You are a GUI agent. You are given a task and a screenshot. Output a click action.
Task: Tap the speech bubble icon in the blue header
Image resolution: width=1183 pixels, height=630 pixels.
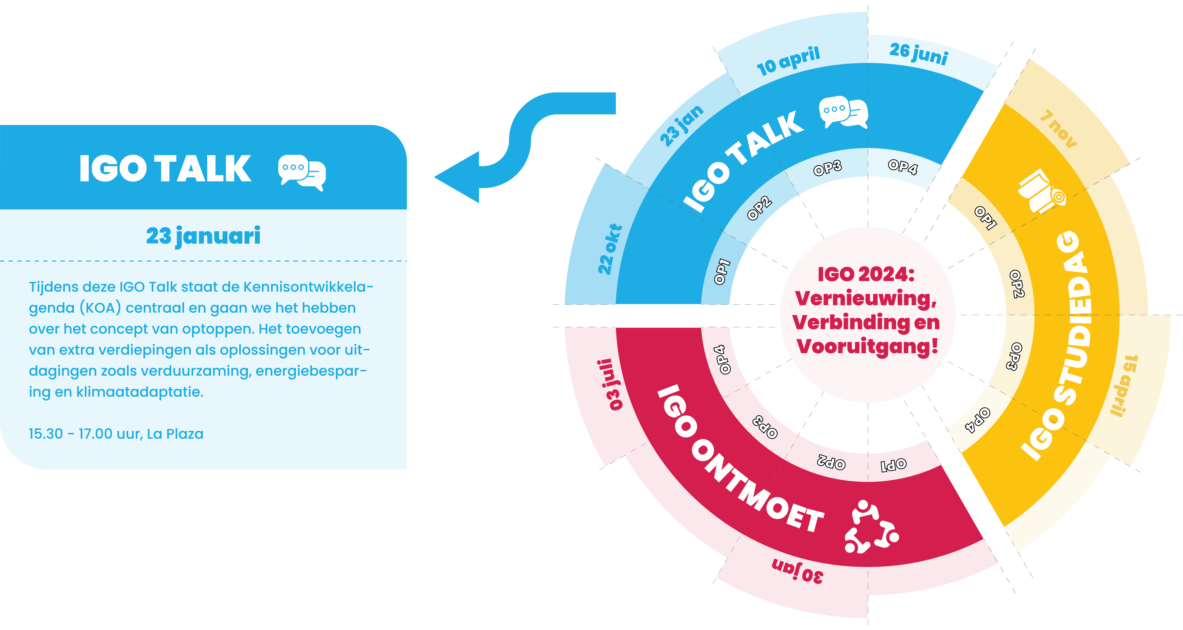[302, 173]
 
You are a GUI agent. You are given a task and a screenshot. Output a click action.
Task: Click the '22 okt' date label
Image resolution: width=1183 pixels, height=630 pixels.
[610, 249]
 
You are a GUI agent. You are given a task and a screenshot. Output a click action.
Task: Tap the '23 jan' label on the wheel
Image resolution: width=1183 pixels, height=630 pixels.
[681, 125]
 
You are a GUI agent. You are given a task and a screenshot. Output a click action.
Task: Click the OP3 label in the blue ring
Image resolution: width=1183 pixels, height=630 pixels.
[827, 169]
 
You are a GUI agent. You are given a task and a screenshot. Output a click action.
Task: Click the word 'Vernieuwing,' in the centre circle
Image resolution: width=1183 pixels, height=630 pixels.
[866, 299]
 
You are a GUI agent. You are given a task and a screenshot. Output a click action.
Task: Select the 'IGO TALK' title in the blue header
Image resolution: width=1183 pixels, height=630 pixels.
[165, 169]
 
